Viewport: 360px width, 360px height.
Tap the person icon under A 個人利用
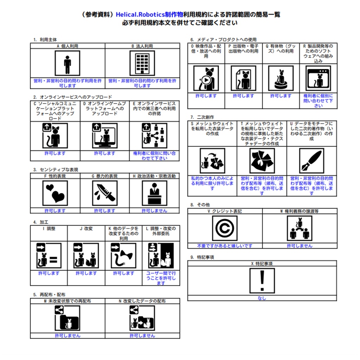(67, 63)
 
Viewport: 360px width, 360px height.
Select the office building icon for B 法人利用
(142, 63)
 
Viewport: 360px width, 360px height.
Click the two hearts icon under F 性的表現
(55, 193)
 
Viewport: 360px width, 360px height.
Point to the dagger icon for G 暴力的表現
(105, 193)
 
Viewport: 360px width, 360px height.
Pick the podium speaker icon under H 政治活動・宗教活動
(155, 193)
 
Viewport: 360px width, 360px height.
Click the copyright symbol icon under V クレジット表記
(225, 228)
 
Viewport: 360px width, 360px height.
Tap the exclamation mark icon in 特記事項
(262, 281)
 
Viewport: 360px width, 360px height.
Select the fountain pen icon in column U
(312, 161)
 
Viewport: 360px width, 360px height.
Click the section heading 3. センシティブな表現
(56, 170)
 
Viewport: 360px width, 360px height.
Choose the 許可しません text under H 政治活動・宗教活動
(155, 211)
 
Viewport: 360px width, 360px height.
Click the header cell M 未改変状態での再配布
(67, 301)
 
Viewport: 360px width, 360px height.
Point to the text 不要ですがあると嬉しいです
(225, 246)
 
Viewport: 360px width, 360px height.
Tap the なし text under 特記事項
(262, 298)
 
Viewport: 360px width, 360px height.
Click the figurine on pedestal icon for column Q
(281, 78)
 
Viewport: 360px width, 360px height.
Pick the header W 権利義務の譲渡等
(300, 211)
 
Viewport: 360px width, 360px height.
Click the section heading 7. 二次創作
(202, 117)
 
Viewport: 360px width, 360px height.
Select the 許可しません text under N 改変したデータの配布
(142, 336)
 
